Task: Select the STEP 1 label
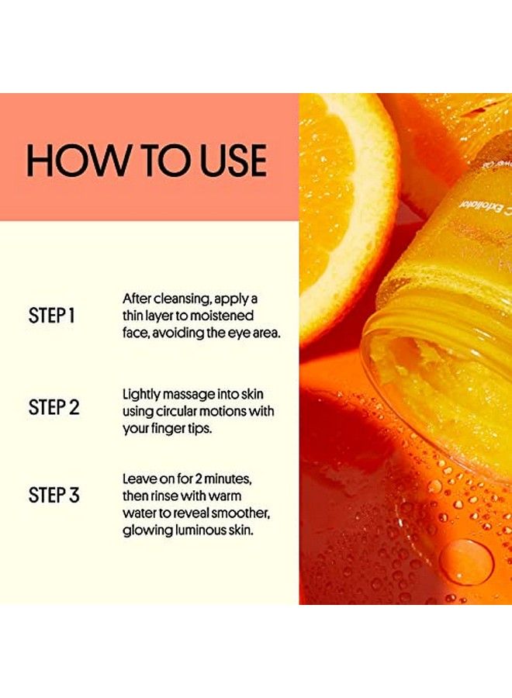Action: [x=52, y=316]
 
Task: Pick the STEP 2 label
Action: [x=54, y=407]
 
